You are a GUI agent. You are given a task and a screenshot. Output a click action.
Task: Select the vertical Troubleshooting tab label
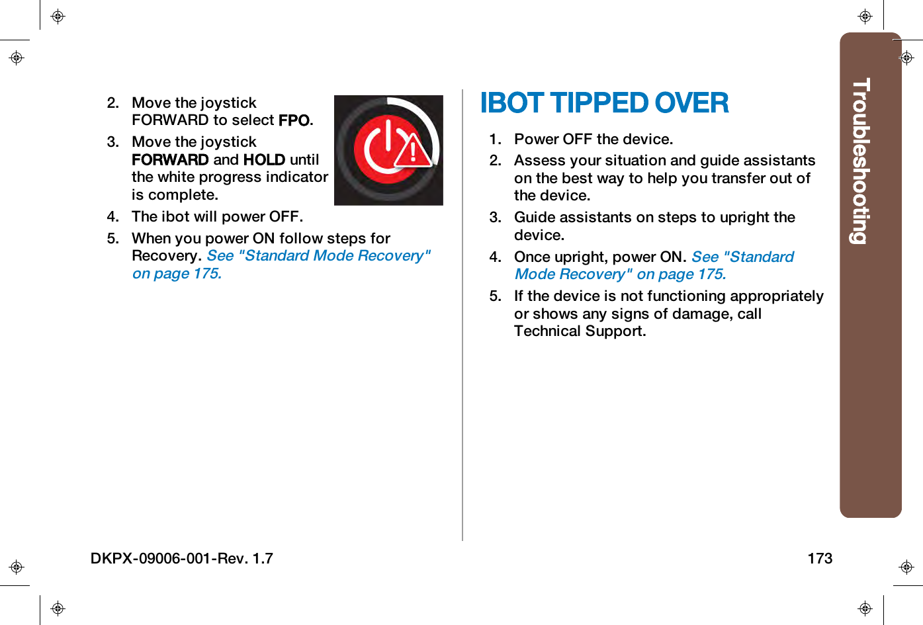point(860,161)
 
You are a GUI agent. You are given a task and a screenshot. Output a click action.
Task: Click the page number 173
point(819,558)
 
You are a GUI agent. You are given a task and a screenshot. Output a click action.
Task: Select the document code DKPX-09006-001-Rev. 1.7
point(181,558)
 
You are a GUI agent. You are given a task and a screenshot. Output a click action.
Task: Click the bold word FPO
point(294,120)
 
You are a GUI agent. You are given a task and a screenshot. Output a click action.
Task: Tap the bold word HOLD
point(264,160)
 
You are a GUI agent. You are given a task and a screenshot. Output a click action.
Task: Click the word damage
point(701,314)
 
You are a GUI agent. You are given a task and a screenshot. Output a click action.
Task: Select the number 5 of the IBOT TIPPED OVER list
point(494,296)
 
